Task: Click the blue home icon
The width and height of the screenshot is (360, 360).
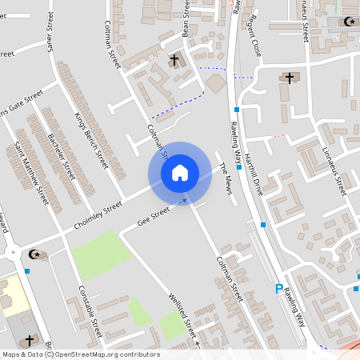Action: [179, 173]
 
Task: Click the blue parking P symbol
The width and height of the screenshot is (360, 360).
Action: [278, 289]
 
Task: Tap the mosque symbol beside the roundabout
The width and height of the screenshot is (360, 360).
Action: [34, 254]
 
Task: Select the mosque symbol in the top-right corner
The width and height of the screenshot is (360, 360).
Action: [349, 22]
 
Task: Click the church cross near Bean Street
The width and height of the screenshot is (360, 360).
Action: [174, 60]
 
